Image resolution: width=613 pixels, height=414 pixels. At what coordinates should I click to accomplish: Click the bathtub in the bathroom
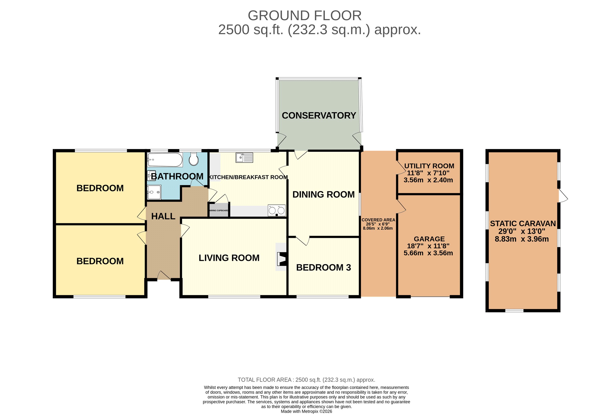(165, 160)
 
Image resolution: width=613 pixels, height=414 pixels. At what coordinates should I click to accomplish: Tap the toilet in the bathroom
(194, 159)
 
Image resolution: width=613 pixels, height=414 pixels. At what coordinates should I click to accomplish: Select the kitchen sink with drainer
(244, 158)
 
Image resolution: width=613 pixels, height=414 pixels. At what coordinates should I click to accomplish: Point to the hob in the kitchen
(276, 210)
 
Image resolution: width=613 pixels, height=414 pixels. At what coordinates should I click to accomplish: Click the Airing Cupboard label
(219, 210)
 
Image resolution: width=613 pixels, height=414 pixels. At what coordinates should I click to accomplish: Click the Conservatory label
(319, 115)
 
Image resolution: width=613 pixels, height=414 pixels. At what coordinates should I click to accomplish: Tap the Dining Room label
(323, 194)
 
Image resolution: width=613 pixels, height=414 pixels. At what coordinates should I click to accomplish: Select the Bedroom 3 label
(323, 267)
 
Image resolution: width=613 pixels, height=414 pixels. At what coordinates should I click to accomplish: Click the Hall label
(163, 216)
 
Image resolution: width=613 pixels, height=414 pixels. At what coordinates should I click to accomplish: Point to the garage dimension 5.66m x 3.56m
(428, 253)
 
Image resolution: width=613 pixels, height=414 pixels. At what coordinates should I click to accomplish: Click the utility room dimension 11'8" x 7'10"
(428, 173)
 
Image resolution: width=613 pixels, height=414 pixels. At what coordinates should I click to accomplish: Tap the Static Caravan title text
(523, 223)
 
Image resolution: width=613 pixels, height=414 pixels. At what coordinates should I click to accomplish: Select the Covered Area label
(378, 220)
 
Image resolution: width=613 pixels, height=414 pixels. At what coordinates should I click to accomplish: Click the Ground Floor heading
(305, 15)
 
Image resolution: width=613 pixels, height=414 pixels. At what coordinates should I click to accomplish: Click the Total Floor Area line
(306, 380)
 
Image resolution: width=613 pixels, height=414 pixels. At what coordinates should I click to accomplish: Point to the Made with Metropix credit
(306, 411)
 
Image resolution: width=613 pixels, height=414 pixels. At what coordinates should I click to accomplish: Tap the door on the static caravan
(563, 196)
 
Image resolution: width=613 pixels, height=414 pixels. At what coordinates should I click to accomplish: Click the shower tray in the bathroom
(154, 192)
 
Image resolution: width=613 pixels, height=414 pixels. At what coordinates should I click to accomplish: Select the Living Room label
(229, 258)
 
